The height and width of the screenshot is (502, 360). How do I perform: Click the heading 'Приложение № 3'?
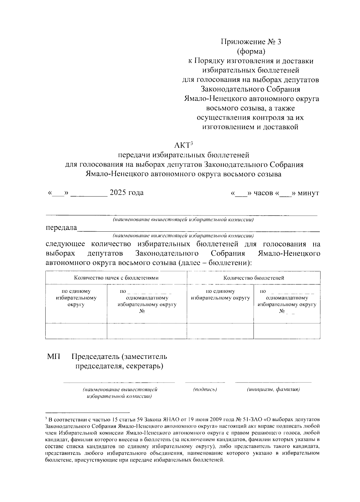click(251, 42)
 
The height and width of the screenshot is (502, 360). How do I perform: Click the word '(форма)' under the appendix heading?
click(251, 51)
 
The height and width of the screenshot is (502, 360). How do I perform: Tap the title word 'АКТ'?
click(181, 146)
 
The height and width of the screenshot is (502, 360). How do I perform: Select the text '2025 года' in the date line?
click(127, 193)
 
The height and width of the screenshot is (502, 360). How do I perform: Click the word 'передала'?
click(61, 228)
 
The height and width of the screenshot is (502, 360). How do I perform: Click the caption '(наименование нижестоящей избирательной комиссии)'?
click(183, 236)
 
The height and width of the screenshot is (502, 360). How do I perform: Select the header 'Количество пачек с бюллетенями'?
click(116, 278)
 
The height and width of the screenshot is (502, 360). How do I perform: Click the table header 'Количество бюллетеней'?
click(253, 278)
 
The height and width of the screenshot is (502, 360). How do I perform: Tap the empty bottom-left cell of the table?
click(76, 331)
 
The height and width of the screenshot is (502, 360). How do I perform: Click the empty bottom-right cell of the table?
click(287, 331)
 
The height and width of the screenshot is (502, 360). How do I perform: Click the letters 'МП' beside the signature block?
click(53, 357)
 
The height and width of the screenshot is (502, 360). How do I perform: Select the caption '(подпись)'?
click(205, 389)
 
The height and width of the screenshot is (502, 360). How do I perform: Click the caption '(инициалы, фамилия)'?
click(273, 389)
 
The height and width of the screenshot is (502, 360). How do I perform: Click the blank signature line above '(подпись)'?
click(205, 382)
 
